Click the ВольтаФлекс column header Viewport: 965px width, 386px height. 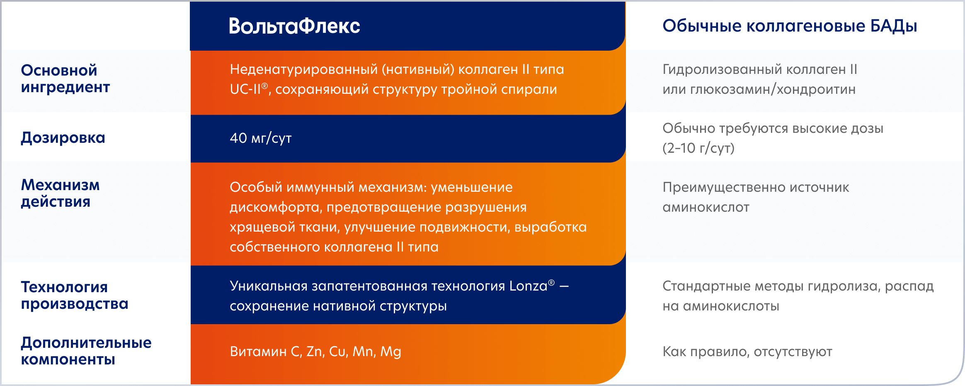pos(294,26)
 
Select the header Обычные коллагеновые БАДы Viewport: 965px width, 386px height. pos(789,26)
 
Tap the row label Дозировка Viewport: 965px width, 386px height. pos(63,137)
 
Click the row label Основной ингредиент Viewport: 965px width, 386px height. pos(65,79)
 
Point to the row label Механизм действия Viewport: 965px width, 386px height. pos(60,193)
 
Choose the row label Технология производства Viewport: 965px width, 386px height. pos(75,295)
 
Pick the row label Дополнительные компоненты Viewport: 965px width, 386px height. pos(86,351)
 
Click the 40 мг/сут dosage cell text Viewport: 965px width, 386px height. pos(261,138)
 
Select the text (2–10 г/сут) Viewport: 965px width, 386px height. pos(698,148)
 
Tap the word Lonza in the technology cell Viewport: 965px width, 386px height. pos(528,286)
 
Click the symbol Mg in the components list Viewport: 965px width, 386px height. pos(390,352)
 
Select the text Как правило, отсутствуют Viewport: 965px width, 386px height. pos(747,352)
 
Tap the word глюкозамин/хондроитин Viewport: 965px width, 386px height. pos(773,89)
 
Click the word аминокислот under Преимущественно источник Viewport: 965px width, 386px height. pos(706,207)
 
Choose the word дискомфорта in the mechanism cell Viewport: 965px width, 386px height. pos(274,207)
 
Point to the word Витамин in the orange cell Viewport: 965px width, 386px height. pos(258,352)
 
